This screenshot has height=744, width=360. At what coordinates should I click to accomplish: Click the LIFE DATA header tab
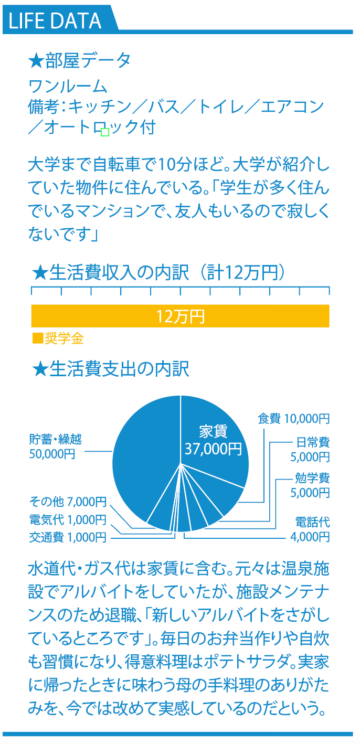(60, 20)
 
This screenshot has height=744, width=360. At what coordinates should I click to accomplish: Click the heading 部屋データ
(88, 60)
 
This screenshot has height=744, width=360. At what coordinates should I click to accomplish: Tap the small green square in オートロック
(105, 132)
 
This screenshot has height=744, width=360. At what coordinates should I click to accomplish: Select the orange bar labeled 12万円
(181, 316)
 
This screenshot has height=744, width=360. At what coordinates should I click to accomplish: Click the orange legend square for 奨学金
(38, 338)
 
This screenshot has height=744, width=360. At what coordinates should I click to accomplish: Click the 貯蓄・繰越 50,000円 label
(55, 446)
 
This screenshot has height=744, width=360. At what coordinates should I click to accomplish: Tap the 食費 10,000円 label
(293, 419)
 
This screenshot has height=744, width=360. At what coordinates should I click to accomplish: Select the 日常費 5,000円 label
(310, 449)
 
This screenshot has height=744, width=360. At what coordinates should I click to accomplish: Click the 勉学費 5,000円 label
(310, 485)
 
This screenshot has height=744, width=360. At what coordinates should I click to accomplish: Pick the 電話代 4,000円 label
(310, 529)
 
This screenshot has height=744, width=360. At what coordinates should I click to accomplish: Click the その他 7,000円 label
(68, 502)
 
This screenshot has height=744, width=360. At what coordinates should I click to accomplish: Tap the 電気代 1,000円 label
(68, 519)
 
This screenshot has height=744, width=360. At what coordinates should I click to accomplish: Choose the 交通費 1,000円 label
(68, 537)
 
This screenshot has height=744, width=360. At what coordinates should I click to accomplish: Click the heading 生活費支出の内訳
(119, 369)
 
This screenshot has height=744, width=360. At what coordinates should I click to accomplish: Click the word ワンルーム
(68, 87)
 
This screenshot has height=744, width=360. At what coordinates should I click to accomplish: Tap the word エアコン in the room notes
(292, 107)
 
